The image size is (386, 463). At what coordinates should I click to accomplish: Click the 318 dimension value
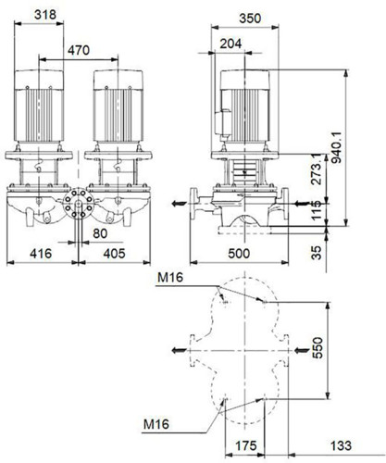(45, 15)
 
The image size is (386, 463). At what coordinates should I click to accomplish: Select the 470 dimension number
(79, 50)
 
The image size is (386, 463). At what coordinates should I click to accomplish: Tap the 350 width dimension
(250, 19)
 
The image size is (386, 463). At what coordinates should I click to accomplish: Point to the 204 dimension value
(230, 44)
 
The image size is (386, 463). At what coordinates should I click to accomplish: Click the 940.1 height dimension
(337, 147)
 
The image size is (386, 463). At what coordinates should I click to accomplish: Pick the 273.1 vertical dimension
(317, 169)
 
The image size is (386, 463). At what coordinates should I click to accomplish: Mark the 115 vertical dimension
(317, 210)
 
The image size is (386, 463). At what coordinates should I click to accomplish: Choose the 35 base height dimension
(317, 253)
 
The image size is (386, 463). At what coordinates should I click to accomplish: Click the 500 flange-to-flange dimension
(239, 254)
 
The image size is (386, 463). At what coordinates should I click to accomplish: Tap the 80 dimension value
(100, 233)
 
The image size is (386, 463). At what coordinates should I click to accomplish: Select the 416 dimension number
(41, 254)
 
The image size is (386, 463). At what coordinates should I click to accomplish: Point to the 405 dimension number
(114, 254)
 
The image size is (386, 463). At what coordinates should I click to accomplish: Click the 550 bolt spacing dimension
(318, 348)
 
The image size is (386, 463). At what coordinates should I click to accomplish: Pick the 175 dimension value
(246, 445)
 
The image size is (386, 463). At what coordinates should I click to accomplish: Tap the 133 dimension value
(341, 445)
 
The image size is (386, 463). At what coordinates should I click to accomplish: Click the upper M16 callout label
(170, 278)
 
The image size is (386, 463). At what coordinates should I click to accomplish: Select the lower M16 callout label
(156, 424)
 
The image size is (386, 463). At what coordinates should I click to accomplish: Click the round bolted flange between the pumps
(79, 203)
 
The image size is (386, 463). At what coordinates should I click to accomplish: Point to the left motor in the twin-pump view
(39, 106)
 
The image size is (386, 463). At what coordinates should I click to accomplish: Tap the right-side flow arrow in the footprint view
(302, 350)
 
